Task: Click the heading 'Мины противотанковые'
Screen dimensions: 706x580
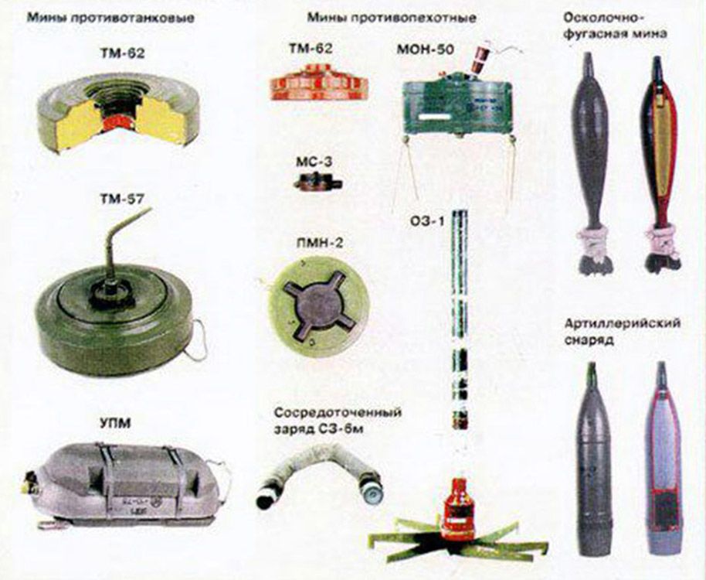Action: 110,18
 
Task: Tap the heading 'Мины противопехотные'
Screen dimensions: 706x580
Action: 392,18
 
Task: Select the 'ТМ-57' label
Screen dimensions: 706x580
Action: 121,199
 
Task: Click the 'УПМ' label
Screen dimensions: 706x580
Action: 114,424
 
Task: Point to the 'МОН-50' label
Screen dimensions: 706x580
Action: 425,49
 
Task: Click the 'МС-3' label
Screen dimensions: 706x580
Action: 314,162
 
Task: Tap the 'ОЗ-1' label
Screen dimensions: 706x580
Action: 427,222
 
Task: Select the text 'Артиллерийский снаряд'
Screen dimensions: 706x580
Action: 622,331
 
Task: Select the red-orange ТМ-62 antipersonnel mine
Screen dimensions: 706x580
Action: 319,81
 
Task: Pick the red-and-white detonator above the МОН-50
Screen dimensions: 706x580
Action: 477,58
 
